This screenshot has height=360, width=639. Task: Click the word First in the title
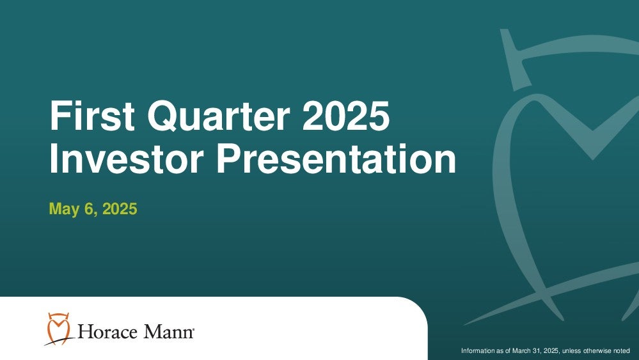[x=92, y=116]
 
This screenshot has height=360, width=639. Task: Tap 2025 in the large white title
[x=346, y=116]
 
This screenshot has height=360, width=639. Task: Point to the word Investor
[x=127, y=159]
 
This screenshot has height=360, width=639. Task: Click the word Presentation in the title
[x=336, y=159]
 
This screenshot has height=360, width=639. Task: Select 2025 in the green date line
[x=120, y=209]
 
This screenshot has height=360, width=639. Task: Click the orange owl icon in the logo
[x=58, y=328]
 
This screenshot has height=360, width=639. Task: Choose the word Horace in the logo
[x=107, y=332]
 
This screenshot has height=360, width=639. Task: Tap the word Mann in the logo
[x=167, y=332]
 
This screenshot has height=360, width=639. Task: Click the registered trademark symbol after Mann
[x=193, y=328]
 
